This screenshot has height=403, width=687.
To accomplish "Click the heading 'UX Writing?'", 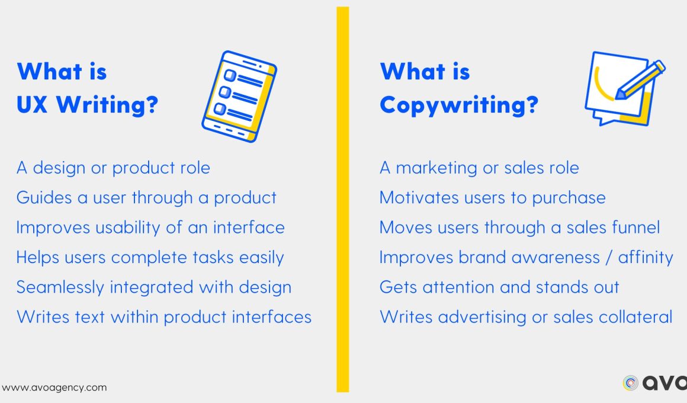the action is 87,105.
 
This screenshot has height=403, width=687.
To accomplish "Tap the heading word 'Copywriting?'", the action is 459,105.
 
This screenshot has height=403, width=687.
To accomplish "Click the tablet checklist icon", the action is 239,96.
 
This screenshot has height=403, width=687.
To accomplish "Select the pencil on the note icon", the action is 640,80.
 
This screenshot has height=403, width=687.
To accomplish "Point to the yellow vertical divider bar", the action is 343,199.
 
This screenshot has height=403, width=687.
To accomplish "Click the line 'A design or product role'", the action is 113,168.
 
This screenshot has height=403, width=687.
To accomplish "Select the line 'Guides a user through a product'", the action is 146,198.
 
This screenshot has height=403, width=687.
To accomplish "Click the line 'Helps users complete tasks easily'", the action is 150,257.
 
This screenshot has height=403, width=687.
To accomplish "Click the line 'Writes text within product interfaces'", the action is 164,317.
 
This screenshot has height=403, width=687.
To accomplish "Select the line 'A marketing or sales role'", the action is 479,168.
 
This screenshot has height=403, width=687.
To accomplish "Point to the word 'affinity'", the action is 646,257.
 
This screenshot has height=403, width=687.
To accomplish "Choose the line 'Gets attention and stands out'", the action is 499,287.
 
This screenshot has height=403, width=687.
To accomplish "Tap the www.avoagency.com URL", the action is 54,388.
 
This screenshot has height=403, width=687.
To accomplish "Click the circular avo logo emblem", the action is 631,383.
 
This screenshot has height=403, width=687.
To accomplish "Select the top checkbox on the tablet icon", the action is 230,75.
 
